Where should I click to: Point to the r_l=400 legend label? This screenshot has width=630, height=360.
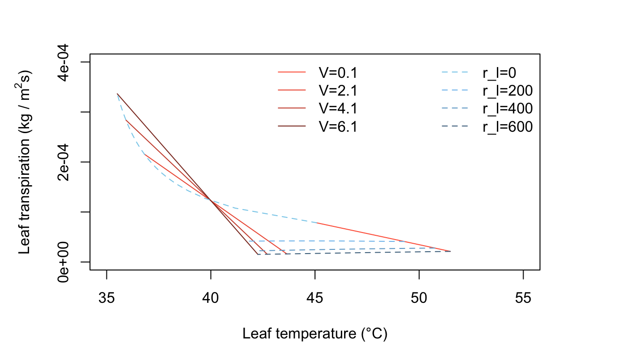[x=508, y=108]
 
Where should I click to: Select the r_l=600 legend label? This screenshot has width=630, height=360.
[x=508, y=126]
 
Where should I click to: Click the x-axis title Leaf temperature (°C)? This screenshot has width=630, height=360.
[x=315, y=334]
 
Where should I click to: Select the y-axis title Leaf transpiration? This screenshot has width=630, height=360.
[x=26, y=162]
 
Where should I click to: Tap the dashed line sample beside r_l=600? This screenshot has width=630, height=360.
[x=455, y=126]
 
